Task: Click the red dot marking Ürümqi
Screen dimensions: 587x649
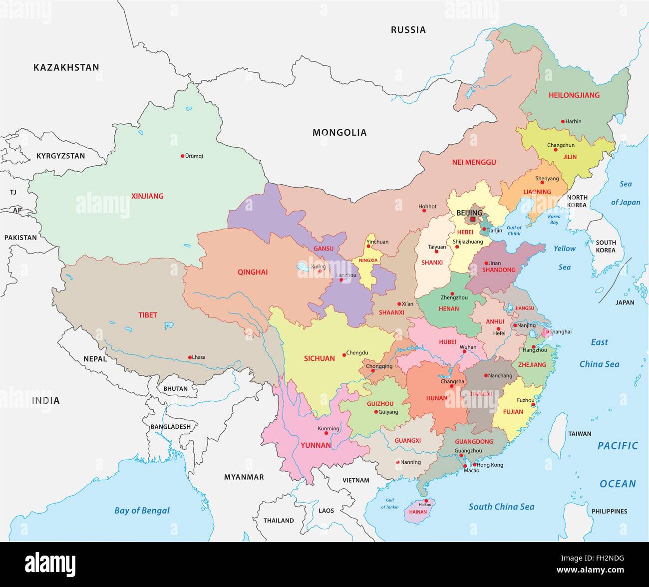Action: (x=183, y=156)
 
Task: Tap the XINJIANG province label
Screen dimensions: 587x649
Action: (x=147, y=196)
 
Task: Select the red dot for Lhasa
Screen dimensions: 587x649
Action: (x=190, y=357)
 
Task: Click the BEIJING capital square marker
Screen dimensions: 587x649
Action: (x=473, y=219)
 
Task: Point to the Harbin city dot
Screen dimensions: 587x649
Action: (x=563, y=121)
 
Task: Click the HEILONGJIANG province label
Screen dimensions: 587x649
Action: (x=574, y=95)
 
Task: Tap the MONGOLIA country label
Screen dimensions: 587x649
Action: (x=339, y=132)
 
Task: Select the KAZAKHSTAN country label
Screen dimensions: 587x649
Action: (x=66, y=67)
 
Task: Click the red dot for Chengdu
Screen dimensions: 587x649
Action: (x=344, y=355)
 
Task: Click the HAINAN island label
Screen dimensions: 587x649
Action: (x=418, y=512)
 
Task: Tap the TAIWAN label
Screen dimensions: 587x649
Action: (x=580, y=434)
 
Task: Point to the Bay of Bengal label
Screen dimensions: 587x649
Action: (x=142, y=510)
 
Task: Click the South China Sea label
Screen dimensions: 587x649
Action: (x=501, y=507)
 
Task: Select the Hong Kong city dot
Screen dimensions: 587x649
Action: (x=474, y=465)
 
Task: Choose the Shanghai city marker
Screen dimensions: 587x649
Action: (x=548, y=331)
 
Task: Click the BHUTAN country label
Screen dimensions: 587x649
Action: (x=175, y=388)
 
